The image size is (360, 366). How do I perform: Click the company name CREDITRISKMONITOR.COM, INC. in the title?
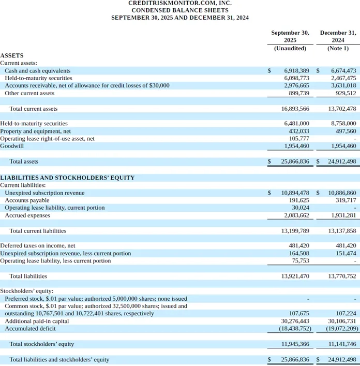point(179,3)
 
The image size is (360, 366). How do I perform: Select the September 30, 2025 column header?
point(290,36)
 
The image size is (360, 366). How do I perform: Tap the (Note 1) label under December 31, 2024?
point(338,48)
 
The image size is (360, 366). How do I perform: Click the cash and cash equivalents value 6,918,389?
point(296,70)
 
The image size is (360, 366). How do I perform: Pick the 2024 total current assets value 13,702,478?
point(342,109)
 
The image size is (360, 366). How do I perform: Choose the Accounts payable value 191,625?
point(299,200)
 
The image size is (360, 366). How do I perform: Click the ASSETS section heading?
point(12,55)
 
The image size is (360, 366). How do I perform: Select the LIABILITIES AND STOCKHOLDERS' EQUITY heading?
point(67,178)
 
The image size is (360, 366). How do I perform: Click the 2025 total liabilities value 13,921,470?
point(295,276)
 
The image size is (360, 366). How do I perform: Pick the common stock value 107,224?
point(346,313)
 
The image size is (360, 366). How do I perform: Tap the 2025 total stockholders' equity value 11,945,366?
point(295,344)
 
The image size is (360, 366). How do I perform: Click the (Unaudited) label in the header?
point(290,48)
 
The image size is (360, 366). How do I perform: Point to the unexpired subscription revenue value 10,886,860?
point(342,193)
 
